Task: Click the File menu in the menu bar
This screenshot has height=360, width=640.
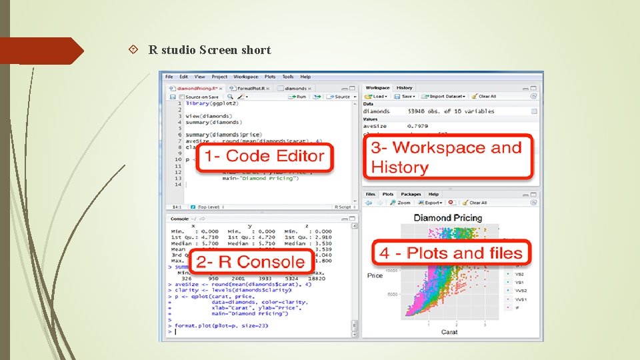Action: (169, 77)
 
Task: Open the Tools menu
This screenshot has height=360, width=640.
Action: (287, 77)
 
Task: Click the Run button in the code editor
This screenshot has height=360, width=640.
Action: (298, 97)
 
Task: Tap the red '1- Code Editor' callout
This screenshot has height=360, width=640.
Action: (264, 157)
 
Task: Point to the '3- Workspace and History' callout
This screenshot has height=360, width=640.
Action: (447, 157)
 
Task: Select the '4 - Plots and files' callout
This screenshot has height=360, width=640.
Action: (451, 253)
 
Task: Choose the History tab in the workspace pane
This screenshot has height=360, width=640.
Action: (405, 88)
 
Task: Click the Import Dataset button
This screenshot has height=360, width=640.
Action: (445, 97)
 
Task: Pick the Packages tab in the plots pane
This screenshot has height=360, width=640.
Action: (411, 195)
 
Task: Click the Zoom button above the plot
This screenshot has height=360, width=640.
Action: (401, 203)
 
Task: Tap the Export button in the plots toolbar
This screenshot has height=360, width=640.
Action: (433, 203)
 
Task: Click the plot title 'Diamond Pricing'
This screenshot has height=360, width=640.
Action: (447, 218)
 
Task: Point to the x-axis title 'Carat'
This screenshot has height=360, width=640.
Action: (449, 331)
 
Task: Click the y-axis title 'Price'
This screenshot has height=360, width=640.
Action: (375, 275)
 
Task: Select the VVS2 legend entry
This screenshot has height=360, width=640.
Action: (520, 291)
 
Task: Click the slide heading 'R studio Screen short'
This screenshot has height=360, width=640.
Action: (209, 50)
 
